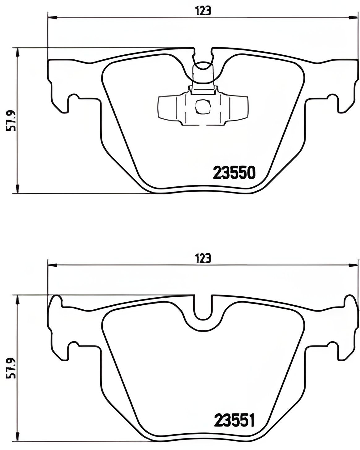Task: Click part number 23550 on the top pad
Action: point(234,172)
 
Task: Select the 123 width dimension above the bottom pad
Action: point(203,258)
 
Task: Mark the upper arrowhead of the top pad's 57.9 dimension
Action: point(18,53)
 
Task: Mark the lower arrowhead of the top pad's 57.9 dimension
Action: point(18,189)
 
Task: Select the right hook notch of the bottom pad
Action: point(333,346)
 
